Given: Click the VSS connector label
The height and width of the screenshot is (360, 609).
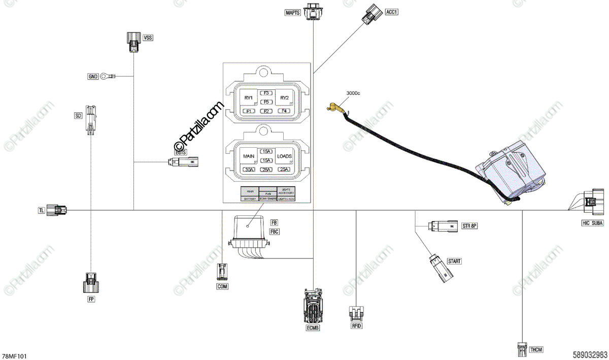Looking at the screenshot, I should coord(148,38).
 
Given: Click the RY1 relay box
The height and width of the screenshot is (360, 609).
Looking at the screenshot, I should coord(249,97).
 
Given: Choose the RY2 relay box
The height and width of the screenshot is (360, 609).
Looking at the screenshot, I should coord(284,97).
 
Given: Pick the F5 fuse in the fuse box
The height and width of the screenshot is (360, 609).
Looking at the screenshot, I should coord(266,102).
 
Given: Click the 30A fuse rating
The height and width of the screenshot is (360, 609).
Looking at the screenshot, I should coord(249,170).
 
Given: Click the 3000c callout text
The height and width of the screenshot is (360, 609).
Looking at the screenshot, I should coord(353,93).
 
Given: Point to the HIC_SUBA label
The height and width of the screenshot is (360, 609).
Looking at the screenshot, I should coord(593,223).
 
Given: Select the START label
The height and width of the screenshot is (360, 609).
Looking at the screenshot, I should coord(454,261).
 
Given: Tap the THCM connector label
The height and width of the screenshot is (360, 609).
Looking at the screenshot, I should coord(536,350).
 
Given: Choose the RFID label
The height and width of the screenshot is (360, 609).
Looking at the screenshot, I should coord(356,325).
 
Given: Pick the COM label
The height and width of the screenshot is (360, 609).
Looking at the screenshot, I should coord(222,286).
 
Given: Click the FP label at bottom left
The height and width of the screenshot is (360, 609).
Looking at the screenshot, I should coord(91,300).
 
